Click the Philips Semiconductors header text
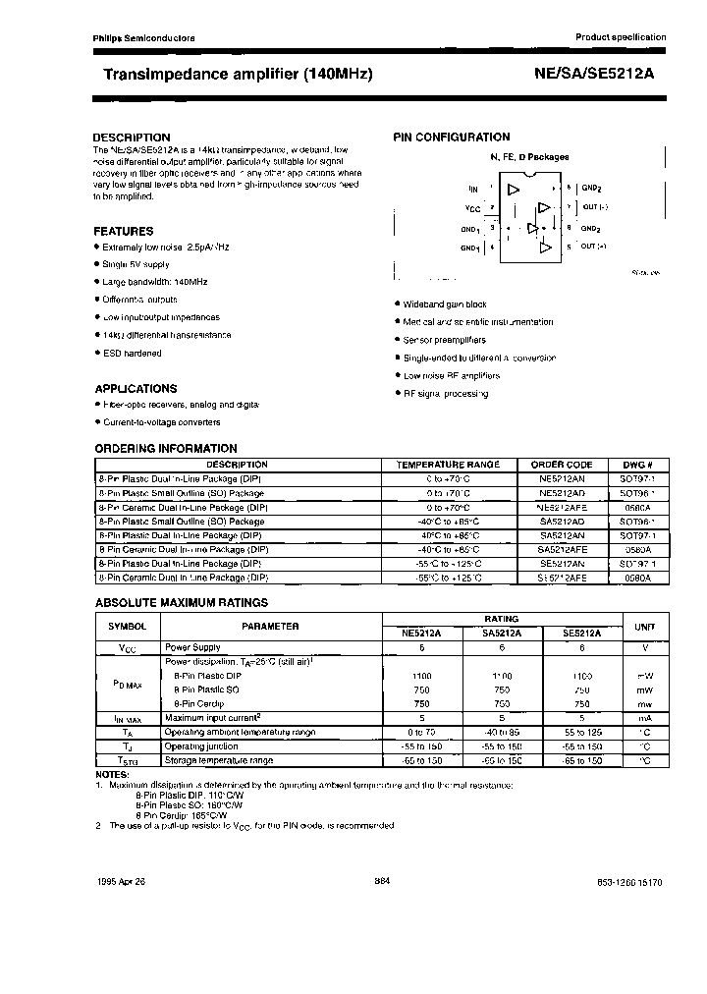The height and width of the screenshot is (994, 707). coord(143,37)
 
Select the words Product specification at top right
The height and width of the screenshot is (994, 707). coord(620,36)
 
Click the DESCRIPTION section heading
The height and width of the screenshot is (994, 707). coord(131,138)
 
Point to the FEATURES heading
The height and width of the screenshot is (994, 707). coord(123,231)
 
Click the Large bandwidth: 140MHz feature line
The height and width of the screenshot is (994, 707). coord(154,282)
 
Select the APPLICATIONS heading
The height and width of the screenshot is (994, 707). coord(135,388)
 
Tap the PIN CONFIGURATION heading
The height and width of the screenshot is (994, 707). coord(452,138)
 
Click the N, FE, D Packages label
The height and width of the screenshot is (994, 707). coord(529,157)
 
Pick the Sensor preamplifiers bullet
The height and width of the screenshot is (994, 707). coord(444,340)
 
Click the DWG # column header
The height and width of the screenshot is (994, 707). coord(637,465)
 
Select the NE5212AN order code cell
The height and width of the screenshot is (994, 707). coord(562,478)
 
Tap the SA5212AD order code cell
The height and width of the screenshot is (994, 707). coord(562,521)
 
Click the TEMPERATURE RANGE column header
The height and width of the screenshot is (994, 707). coord(447,465)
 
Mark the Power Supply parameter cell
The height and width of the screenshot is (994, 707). coord(192,648)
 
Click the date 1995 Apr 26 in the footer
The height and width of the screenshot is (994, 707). coord(122,883)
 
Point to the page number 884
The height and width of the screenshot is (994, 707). coord(383,882)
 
